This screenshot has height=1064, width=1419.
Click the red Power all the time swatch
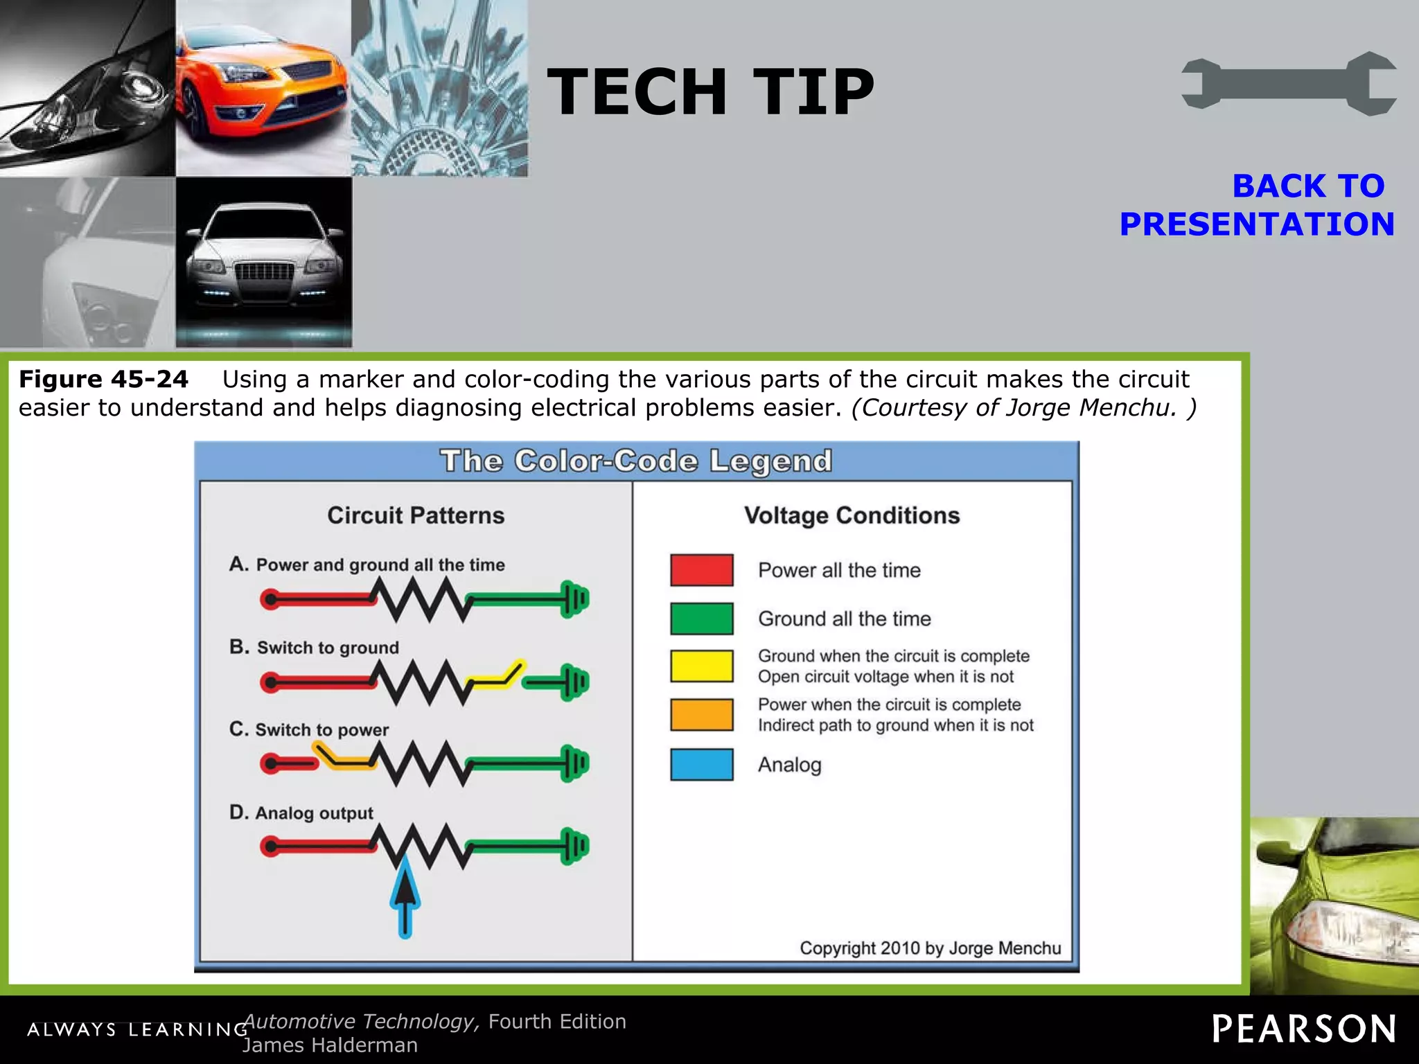[x=701, y=570]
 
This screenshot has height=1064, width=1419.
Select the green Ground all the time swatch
[x=701, y=619]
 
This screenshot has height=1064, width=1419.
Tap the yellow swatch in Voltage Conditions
[x=701, y=666]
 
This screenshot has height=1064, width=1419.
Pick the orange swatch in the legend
[x=701, y=714]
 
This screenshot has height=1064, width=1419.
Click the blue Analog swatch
[x=701, y=764]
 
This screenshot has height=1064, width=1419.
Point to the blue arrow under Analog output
[x=405, y=898]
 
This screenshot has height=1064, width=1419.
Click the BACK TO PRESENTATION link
[x=1256, y=205]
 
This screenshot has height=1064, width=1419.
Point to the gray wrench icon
[x=1288, y=84]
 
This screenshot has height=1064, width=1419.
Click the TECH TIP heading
[x=710, y=91]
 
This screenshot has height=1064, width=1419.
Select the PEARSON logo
[x=1303, y=1029]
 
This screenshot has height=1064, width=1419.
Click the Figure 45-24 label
[x=103, y=379]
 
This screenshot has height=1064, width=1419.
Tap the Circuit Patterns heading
[x=416, y=515]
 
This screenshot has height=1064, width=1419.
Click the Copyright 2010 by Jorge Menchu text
[x=930, y=948]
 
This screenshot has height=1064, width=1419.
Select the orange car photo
[x=263, y=88]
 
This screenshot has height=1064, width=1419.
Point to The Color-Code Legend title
[x=636, y=461]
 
